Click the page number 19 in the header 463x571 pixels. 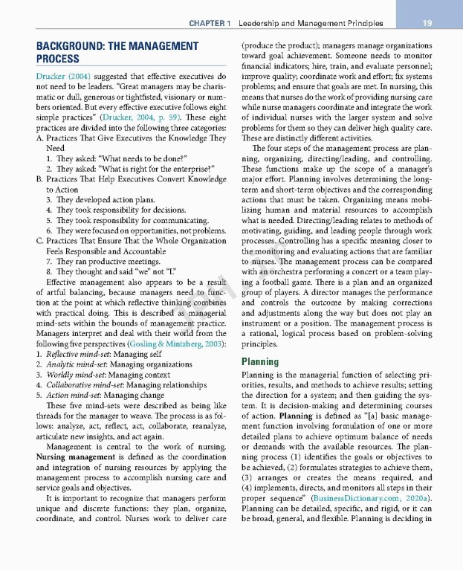pyautogui.click(x=427, y=23)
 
